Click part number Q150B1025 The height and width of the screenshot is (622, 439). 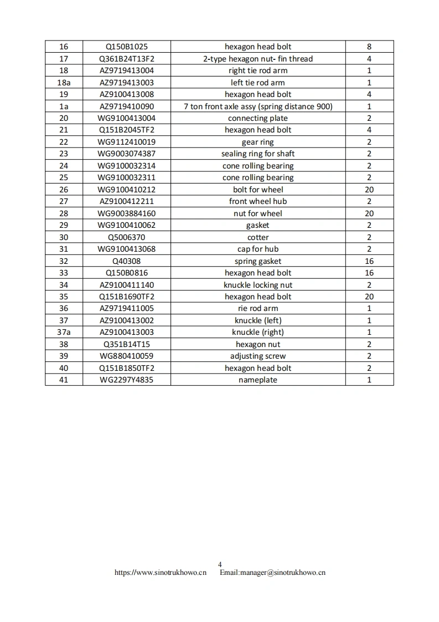(x=127, y=47)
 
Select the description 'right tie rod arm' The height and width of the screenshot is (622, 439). (x=258, y=70)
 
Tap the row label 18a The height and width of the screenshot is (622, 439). (x=64, y=83)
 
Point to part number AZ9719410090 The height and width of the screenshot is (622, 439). (x=127, y=106)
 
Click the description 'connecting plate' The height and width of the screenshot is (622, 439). (x=258, y=118)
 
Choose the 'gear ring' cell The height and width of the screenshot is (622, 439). (x=258, y=142)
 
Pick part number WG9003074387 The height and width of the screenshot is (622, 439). (x=127, y=154)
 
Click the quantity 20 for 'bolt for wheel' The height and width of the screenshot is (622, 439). (x=369, y=190)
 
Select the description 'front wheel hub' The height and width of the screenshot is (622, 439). (x=258, y=201)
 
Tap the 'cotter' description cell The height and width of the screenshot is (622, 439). (x=258, y=237)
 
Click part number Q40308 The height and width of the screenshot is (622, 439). (x=127, y=261)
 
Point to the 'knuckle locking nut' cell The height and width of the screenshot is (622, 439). (x=258, y=285)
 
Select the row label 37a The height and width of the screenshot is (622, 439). (x=64, y=332)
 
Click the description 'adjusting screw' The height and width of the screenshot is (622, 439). (x=258, y=356)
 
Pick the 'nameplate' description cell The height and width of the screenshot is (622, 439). (x=258, y=380)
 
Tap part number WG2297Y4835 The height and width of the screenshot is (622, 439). (x=127, y=380)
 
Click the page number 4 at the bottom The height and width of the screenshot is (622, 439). (x=220, y=564)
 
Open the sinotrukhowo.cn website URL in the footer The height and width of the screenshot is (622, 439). (x=161, y=573)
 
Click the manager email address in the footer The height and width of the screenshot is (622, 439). (x=272, y=573)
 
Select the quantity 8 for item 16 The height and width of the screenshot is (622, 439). (x=369, y=47)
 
